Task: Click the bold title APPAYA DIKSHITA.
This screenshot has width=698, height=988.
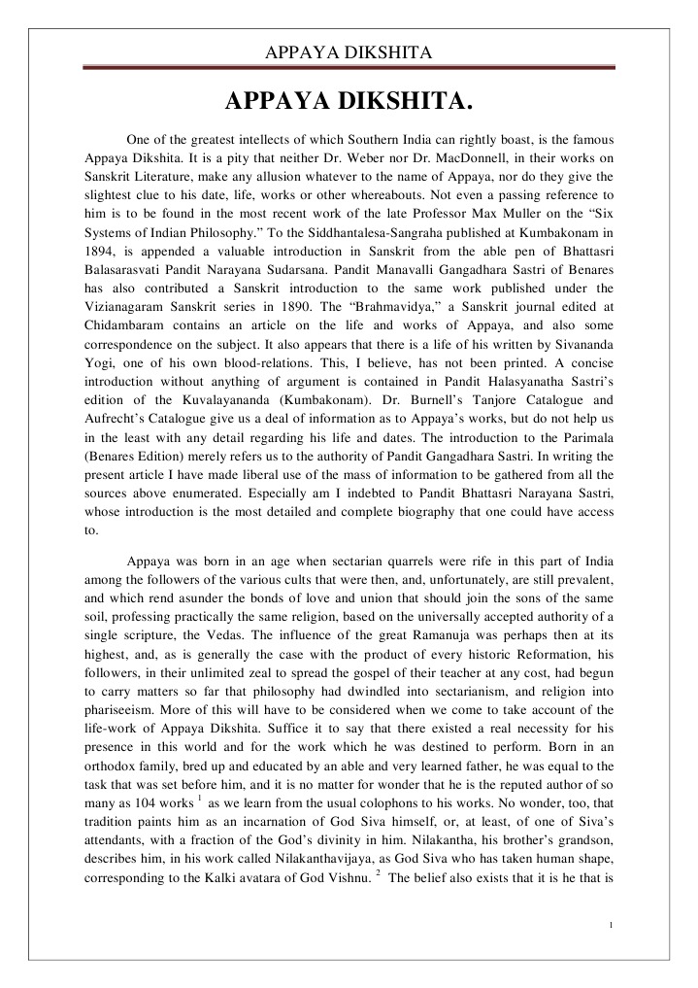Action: point(349,101)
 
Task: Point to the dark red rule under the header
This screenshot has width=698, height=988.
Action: point(349,68)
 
